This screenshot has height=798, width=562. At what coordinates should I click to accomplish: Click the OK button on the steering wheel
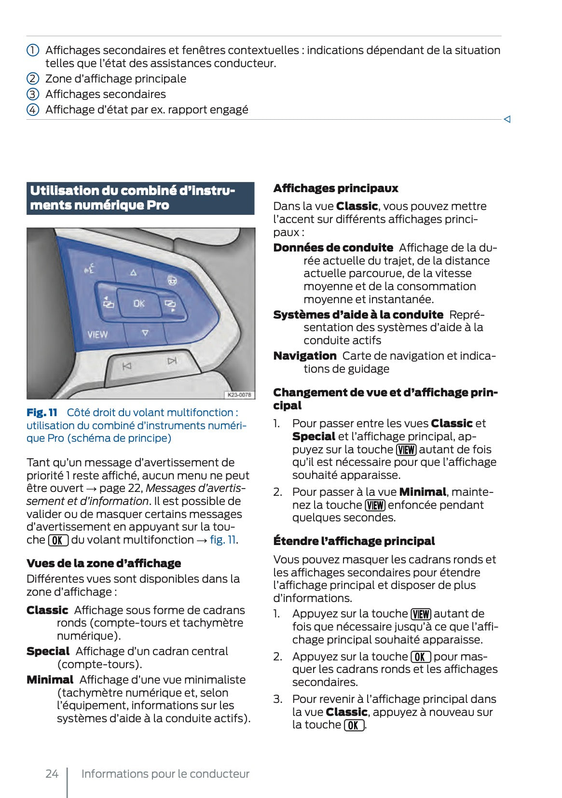pyautogui.click(x=139, y=304)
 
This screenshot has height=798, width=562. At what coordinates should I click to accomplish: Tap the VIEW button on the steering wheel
pyautogui.click(x=97, y=335)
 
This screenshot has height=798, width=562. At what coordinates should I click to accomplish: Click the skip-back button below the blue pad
pyautogui.click(x=127, y=366)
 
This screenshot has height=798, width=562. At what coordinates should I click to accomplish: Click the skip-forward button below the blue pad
pyautogui.click(x=172, y=361)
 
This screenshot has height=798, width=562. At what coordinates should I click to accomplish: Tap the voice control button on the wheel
pyautogui.click(x=90, y=268)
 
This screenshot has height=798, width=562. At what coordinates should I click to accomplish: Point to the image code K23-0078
pyautogui.click(x=239, y=394)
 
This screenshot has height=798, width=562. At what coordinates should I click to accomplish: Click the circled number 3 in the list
pyautogui.click(x=32, y=94)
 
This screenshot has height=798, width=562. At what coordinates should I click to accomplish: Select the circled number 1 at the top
pyautogui.click(x=32, y=50)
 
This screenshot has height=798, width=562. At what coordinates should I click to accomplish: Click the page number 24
pyautogui.click(x=52, y=774)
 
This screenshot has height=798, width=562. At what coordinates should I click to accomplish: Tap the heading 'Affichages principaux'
pyautogui.click(x=336, y=188)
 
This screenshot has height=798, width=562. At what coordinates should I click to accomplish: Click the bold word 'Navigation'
pyautogui.click(x=305, y=356)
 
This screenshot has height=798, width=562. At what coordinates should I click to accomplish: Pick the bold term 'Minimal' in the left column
pyautogui.click(x=50, y=680)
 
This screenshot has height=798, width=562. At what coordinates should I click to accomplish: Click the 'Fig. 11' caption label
pyautogui.click(x=42, y=413)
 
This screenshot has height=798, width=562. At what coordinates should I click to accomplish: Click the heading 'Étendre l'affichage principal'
pyautogui.click(x=354, y=541)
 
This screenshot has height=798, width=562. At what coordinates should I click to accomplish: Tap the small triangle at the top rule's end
pyautogui.click(x=507, y=119)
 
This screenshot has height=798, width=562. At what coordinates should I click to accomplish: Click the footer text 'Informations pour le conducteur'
pyautogui.click(x=165, y=774)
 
